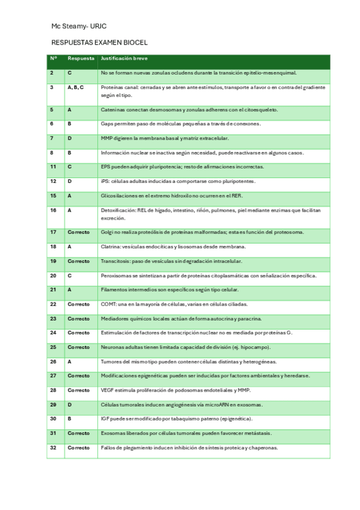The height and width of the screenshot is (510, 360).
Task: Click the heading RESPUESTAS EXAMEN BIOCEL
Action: tap(100, 43)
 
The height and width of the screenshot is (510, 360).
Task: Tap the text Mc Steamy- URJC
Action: tap(79, 27)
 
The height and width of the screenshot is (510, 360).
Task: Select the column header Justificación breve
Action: tap(124, 59)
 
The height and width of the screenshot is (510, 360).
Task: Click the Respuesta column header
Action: tap(81, 59)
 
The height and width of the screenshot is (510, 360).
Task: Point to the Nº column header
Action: tap(53, 59)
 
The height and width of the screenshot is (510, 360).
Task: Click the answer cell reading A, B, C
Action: tap(76, 87)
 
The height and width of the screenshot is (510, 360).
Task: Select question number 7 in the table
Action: tap(52, 138)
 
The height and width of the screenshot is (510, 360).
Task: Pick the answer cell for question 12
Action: tap(70, 181)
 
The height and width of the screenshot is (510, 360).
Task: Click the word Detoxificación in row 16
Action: tap(117, 210)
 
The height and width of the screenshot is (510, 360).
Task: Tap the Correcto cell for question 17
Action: tap(79, 232)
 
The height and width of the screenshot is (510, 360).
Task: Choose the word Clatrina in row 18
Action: tap(111, 247)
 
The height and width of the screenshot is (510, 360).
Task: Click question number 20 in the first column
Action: tap(53, 275)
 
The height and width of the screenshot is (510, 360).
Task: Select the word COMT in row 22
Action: tap(108, 304)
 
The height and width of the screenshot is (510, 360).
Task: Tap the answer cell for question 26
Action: tap(70, 361)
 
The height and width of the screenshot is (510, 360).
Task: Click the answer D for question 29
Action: tap(70, 404)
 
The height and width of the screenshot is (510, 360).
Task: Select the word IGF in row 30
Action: tap(105, 419)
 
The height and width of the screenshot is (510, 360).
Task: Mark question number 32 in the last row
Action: tap(53, 447)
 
